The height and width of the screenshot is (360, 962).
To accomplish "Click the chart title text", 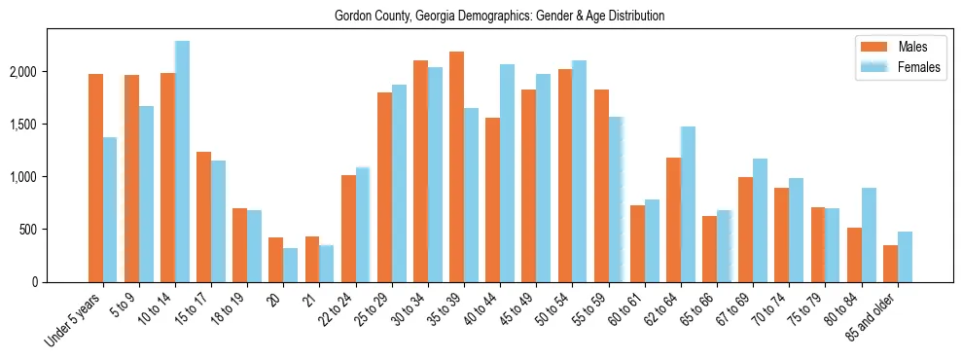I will pos(499,17).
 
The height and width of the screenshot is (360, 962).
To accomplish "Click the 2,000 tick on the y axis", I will pos(50,72).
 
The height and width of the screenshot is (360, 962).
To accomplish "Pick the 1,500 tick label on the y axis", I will pos(50,125).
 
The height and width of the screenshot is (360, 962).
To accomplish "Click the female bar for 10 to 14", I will pos(182,162).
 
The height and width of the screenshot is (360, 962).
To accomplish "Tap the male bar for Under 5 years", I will pos(95,178).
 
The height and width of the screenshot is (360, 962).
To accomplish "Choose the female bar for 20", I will pos(291,265).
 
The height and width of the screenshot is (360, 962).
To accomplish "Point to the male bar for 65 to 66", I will pos(709,249).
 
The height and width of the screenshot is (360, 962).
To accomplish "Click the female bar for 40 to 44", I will pos(507,173).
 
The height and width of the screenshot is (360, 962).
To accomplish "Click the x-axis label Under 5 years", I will pos(76,321).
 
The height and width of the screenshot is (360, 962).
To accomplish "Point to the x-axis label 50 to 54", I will pos(553,310).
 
